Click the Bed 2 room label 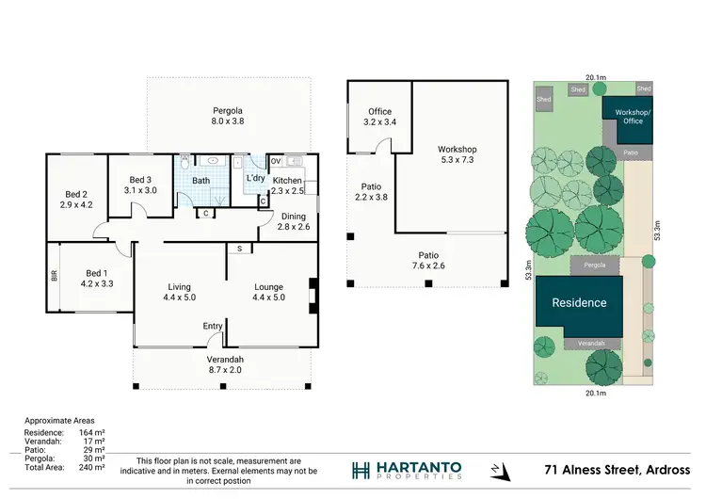coord(75,199)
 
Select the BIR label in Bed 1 coord(54,278)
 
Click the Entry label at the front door coord(213,327)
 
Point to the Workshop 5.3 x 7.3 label coord(457,155)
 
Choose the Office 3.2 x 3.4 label coord(379,117)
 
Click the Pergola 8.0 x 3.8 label coord(228,116)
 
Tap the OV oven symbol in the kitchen coord(275,159)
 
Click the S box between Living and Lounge coord(239,249)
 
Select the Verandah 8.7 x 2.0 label coord(225,365)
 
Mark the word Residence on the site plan coord(579,303)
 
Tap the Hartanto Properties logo coord(407,470)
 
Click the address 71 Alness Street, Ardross coord(618,470)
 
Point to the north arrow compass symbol coord(496,470)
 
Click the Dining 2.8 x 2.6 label coord(293,221)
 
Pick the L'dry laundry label coord(255,179)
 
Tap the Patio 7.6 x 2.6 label coord(429,261)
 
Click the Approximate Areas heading coord(59,421)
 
